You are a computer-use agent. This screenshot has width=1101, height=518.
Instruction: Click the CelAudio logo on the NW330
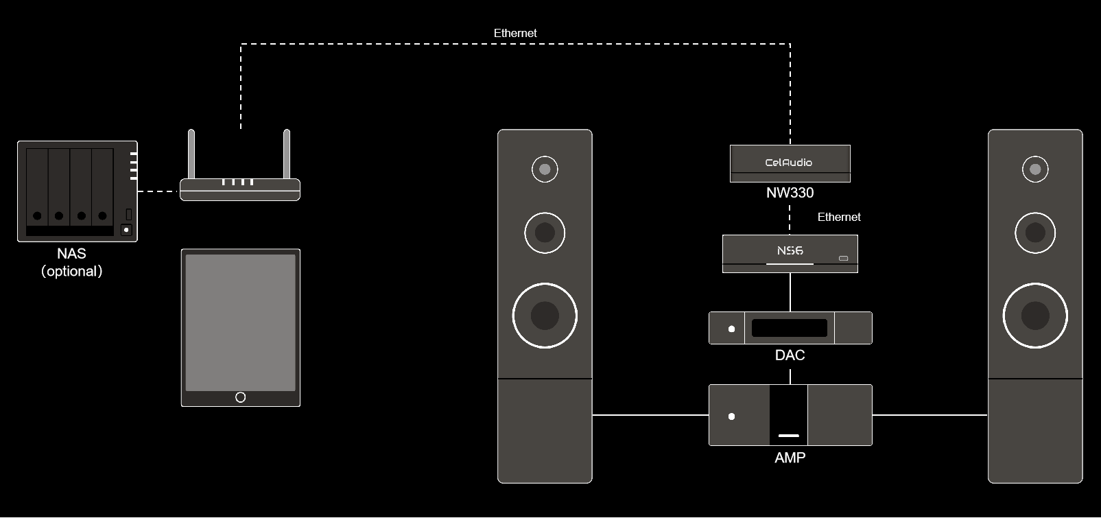coord(789,163)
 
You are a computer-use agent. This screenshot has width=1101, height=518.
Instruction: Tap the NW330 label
coord(790,193)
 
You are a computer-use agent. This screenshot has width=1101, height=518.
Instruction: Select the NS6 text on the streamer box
coord(790,251)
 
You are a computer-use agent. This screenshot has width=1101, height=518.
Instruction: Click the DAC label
coord(790,355)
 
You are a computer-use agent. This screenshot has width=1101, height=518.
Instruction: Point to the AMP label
coord(790,458)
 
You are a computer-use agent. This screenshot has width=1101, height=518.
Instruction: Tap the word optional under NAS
coord(71,272)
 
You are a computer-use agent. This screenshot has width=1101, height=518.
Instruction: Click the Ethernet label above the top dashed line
coord(515,33)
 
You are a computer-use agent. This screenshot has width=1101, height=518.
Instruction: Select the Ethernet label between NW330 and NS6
coord(839,217)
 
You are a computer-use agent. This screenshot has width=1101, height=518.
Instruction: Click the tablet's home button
coord(240,397)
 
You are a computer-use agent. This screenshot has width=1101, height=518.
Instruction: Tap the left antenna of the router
coord(191,154)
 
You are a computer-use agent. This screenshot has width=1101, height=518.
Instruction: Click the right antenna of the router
coord(287,154)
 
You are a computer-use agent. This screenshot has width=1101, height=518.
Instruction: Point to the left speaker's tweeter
coord(545,169)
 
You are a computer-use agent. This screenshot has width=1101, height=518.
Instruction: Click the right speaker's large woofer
coord(1035,316)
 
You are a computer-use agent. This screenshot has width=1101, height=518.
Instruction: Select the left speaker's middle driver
coord(545,233)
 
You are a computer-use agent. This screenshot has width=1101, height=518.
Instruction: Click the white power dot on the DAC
coord(731,329)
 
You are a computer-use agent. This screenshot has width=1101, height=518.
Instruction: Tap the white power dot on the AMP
coord(731,416)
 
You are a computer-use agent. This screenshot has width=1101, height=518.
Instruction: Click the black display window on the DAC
coord(789,328)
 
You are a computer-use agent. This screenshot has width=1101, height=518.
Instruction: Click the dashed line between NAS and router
coord(158,191)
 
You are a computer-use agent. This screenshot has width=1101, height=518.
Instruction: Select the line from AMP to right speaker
coord(930,415)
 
